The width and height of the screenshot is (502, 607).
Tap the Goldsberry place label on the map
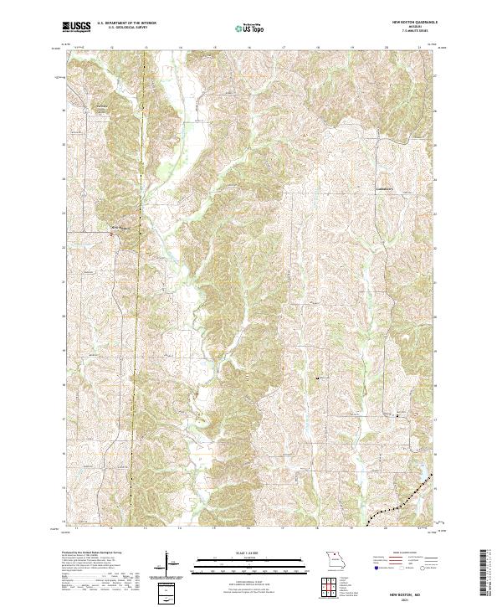click(385, 189)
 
